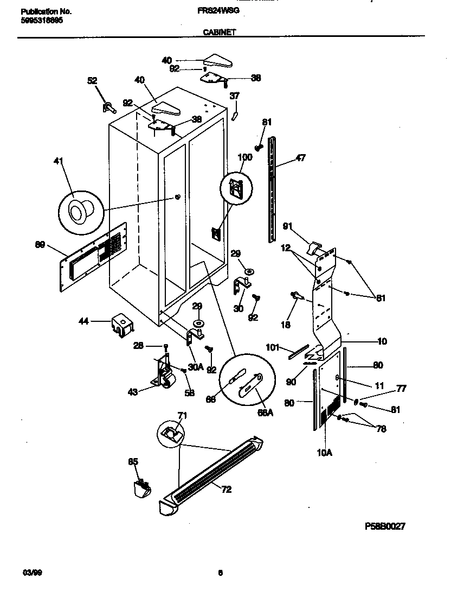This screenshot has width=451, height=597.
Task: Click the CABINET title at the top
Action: pyautogui.click(x=219, y=33)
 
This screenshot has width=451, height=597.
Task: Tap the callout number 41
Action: pyautogui.click(x=59, y=161)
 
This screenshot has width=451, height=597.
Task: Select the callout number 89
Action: pyautogui.click(x=40, y=246)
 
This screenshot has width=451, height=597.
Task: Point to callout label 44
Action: pyautogui.click(x=83, y=321)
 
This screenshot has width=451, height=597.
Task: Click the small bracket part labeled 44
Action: pyautogui.click(x=123, y=323)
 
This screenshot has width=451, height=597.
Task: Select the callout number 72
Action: pyautogui.click(x=226, y=489)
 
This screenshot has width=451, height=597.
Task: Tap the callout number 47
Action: pyautogui.click(x=300, y=158)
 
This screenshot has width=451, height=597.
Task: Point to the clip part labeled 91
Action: pyautogui.click(x=313, y=247)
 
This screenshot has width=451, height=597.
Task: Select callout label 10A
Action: pyautogui.click(x=324, y=450)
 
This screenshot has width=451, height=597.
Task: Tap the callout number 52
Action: pyautogui.click(x=92, y=81)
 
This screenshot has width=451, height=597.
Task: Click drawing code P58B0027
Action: pyautogui.click(x=385, y=526)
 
